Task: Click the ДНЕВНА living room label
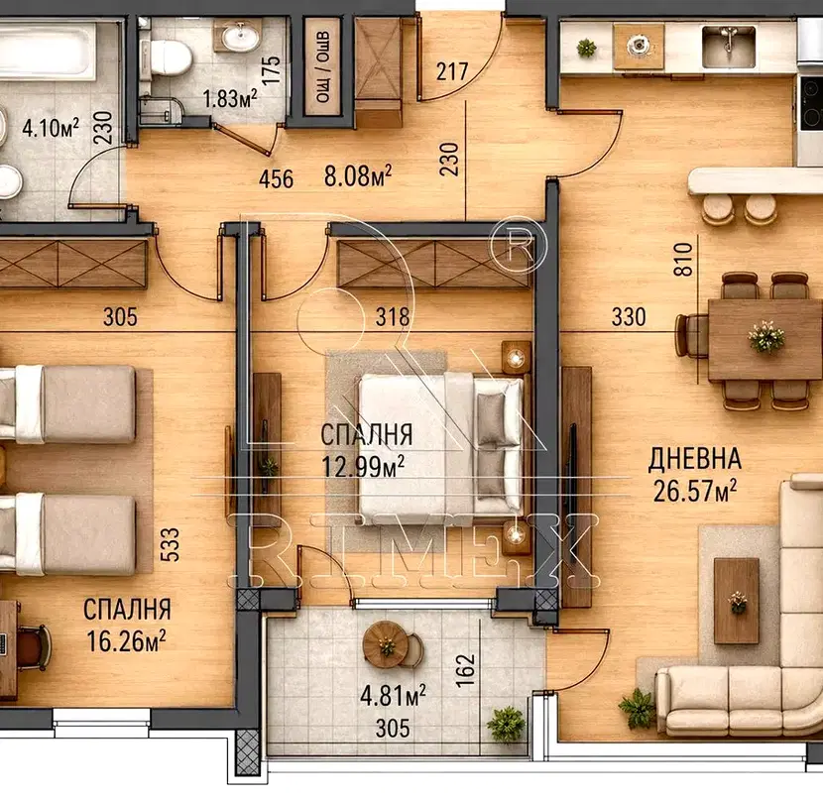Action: tap(695, 459)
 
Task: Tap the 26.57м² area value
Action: tap(695, 492)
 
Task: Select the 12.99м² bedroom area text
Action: tap(363, 466)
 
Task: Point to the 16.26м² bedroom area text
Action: tap(126, 641)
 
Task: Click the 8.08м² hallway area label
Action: tap(358, 175)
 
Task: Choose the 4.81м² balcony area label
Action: tap(393, 696)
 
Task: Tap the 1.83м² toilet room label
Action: tap(230, 98)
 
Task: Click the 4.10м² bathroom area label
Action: tap(51, 128)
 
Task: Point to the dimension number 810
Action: tap(683, 260)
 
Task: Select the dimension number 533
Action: tap(170, 544)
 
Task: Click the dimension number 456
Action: tap(276, 179)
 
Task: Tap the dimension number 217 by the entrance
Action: tap(452, 71)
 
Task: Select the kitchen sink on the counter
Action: tap(729, 47)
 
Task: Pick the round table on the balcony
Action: tap(386, 644)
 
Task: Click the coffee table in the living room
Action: tap(737, 601)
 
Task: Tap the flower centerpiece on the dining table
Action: tap(766, 337)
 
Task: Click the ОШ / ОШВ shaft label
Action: tap(322, 66)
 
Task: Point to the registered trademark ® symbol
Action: tap(518, 245)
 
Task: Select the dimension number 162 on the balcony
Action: tap(466, 670)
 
